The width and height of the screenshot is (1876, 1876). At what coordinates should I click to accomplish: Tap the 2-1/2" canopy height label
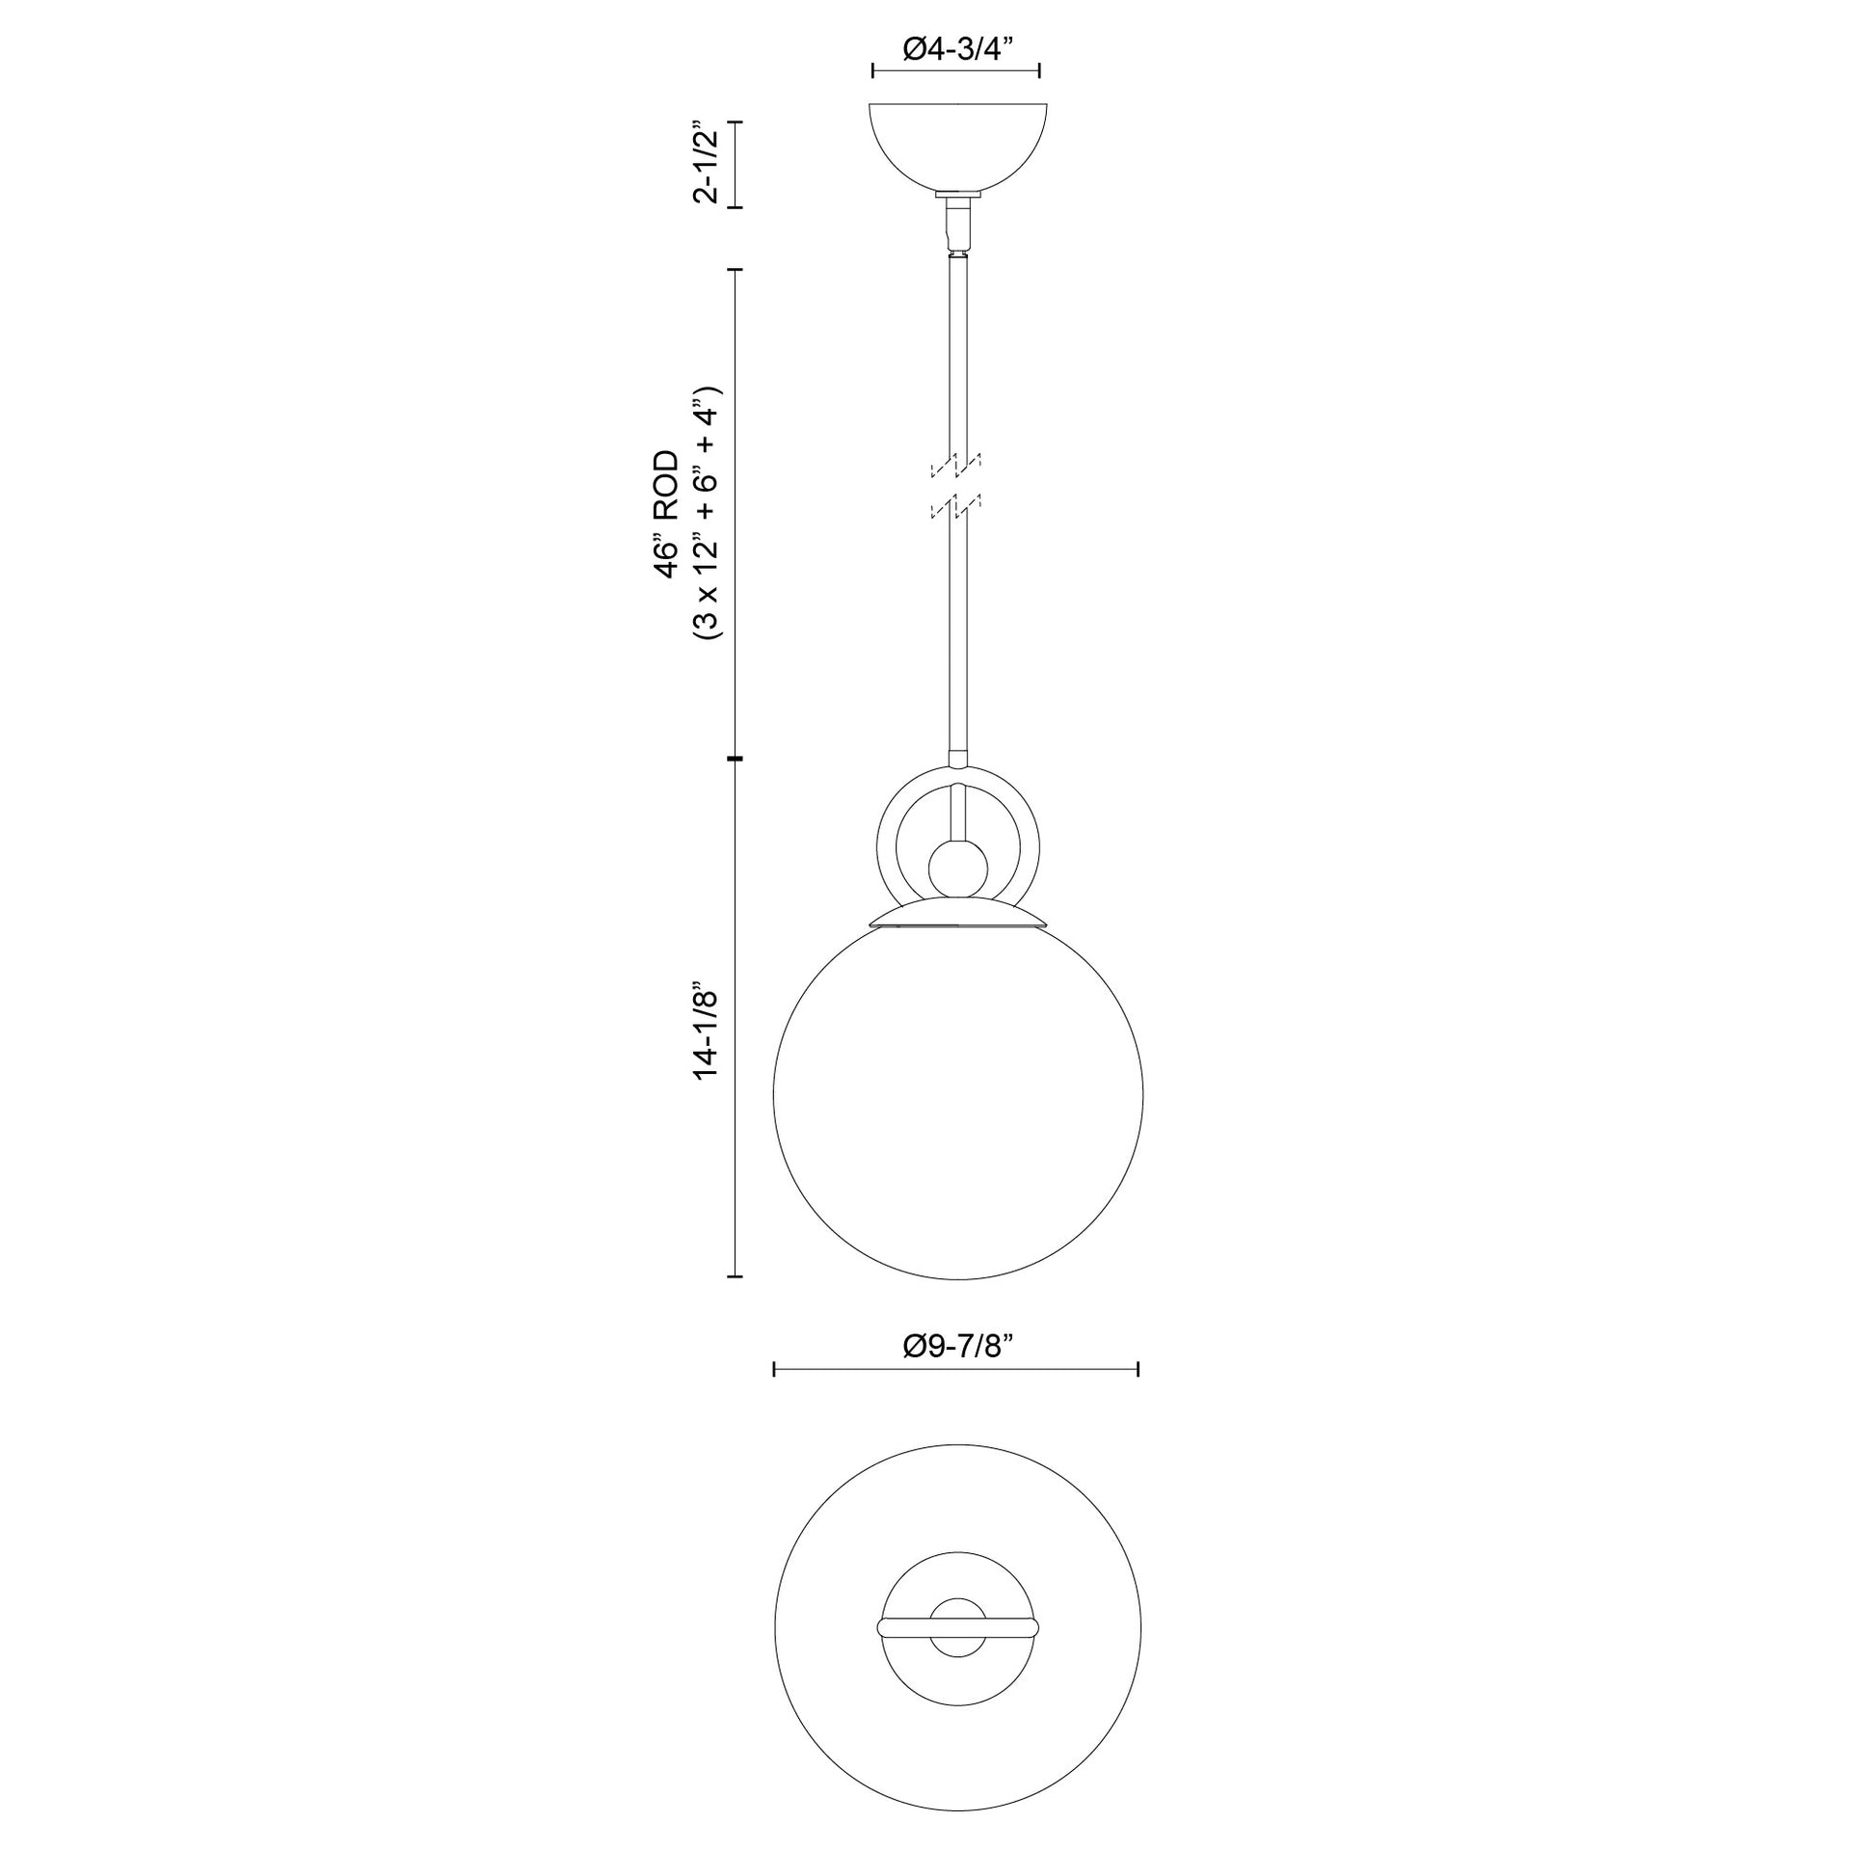(x=706, y=163)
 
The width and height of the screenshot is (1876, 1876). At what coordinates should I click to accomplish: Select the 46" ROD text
(x=665, y=514)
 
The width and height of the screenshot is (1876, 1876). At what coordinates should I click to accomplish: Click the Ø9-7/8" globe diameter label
(x=957, y=1346)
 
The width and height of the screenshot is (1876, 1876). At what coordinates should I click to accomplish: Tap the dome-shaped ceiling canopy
(x=957, y=146)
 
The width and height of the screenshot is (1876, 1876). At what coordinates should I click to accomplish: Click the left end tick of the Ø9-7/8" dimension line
(x=774, y=1369)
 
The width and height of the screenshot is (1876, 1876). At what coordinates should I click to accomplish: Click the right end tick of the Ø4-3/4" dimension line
(x=1040, y=71)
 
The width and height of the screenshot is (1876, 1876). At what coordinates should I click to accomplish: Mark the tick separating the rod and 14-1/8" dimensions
(x=736, y=758)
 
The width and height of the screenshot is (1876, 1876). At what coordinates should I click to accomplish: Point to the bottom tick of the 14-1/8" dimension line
(x=736, y=1275)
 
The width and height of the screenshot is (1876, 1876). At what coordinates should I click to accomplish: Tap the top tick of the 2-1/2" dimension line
(x=736, y=122)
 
